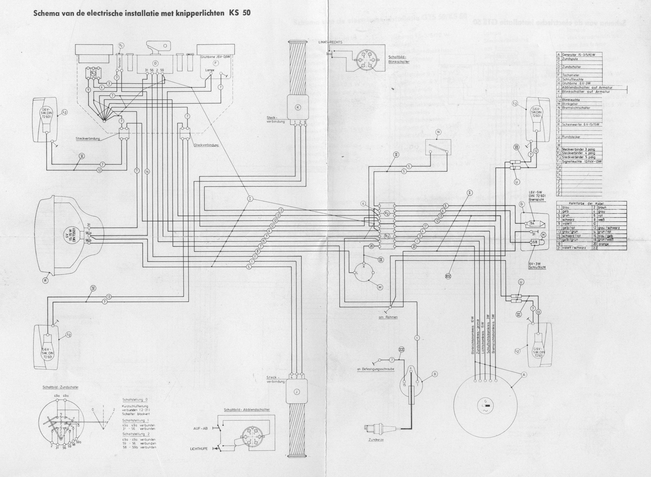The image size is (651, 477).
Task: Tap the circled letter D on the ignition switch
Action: point(155,63)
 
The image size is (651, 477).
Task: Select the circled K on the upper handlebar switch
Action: point(298,107)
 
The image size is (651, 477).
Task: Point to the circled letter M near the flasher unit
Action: point(380,287)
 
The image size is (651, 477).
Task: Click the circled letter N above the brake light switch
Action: point(438,132)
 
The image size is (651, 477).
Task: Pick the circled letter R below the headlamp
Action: point(45,280)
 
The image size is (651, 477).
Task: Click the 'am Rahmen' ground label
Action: point(388,317)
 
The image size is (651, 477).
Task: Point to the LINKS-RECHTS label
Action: point(330,42)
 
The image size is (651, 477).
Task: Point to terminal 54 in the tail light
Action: point(533,223)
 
